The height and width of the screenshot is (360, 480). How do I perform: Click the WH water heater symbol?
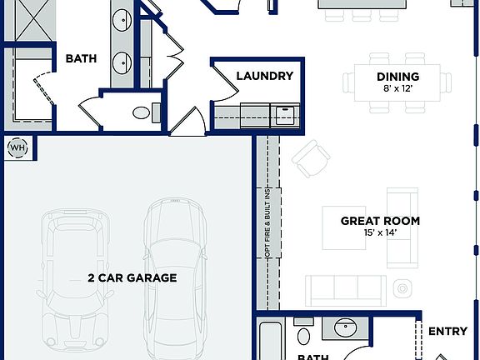coord(17,148)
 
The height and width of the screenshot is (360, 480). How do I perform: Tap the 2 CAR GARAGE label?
coord(132,277)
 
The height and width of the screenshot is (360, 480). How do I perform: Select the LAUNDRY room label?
coord(264,76)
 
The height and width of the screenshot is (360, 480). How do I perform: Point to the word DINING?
coord(397,77)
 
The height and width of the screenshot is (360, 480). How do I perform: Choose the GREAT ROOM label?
coord(380,221)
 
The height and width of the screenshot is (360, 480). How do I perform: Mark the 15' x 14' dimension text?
coord(380,233)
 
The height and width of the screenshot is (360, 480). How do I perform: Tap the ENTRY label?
coord(447,331)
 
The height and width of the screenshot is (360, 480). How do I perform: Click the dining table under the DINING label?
coord(398,83)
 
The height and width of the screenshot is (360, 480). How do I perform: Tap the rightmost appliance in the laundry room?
coord(285,114)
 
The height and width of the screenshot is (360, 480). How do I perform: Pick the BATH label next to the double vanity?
coord(81,59)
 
